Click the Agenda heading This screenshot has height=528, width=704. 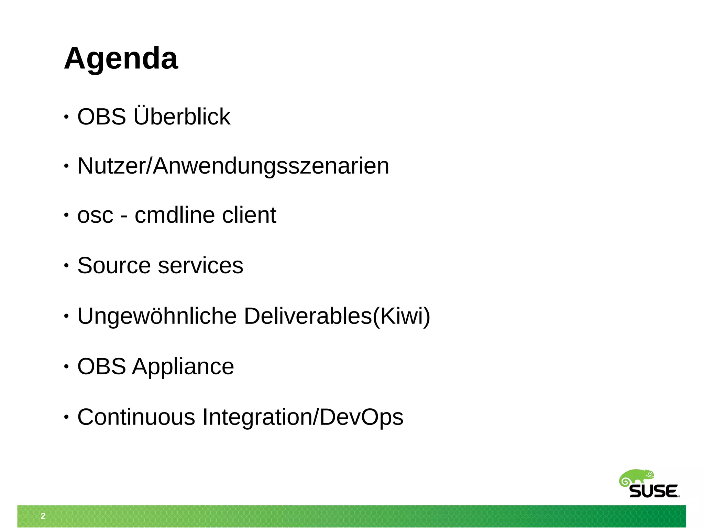point(121,58)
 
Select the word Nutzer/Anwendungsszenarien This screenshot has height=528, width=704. point(233,166)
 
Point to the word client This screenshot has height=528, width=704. point(249,215)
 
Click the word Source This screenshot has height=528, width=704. point(114,265)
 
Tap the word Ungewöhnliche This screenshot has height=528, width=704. point(157,316)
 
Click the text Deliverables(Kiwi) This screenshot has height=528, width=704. point(337,316)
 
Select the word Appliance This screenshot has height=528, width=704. point(183,366)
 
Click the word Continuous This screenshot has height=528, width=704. point(136,417)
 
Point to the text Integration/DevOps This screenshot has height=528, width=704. point(303,417)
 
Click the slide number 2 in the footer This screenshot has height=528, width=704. point(43,516)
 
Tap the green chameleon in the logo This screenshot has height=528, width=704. point(636,478)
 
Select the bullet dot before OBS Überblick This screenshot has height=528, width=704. point(66,117)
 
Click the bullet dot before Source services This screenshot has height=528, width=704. point(66,266)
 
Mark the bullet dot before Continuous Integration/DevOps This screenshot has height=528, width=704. point(66,417)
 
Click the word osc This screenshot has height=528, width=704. point(95,216)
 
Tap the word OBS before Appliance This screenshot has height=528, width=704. point(101,366)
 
